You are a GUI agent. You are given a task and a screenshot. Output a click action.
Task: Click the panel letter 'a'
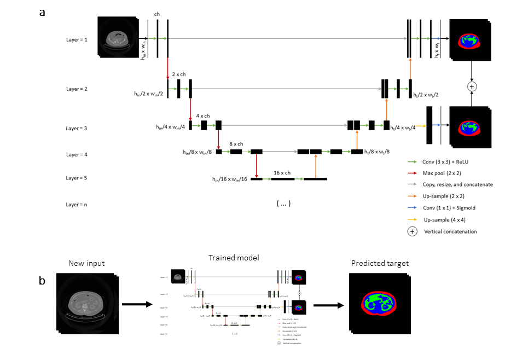tap(42, 12)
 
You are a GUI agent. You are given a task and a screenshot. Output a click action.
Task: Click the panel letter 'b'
tap(42, 281)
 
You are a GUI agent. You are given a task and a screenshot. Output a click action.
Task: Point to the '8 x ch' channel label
tap(237, 144)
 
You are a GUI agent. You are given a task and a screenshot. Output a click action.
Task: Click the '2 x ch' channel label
tap(179, 73)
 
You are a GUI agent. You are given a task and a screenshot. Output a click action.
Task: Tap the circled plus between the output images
tap(472, 86)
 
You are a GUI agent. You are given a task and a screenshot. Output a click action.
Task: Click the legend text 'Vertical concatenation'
tap(450, 231)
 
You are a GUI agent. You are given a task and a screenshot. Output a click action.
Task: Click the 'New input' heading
tap(86, 264)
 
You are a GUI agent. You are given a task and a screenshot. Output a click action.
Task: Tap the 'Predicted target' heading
tap(380, 264)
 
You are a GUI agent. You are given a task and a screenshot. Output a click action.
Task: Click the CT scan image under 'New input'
tap(88, 304)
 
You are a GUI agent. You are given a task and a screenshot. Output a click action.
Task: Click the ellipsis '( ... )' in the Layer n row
tap(283, 204)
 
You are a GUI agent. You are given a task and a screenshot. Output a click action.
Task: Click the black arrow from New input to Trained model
tap(137, 304)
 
